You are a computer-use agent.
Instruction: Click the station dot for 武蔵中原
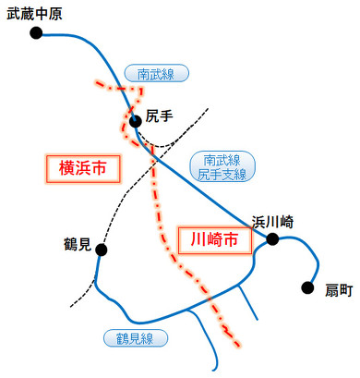click(36, 33)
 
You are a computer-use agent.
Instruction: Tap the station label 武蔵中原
click(35, 13)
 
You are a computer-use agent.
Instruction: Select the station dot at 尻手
click(136, 120)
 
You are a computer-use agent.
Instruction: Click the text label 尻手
click(160, 116)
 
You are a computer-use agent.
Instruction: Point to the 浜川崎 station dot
click(272, 239)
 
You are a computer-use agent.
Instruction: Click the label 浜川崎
click(273, 221)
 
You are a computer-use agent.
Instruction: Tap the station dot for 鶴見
click(101, 250)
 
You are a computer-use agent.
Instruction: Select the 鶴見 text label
click(78, 245)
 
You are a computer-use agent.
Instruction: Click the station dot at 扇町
click(308, 287)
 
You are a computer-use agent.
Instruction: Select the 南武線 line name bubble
click(155, 73)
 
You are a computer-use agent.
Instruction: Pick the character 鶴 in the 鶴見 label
click(70, 245)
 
